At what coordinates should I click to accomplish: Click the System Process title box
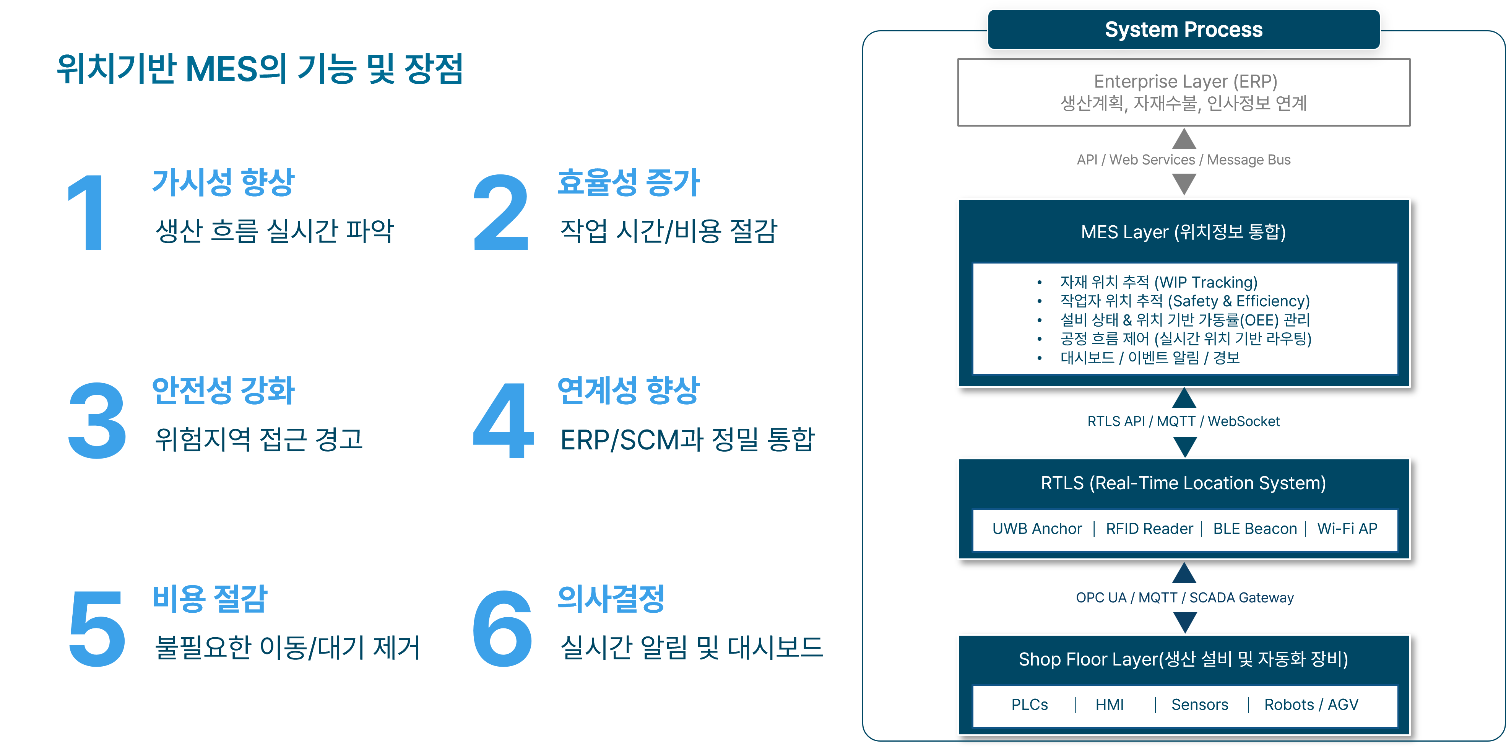pos(1183,29)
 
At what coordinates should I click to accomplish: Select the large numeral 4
pos(503,420)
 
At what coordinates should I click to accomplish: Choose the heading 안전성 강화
pos(223,390)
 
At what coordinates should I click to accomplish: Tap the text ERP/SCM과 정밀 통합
pos(687,440)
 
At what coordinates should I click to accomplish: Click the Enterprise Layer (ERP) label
pos(1185,81)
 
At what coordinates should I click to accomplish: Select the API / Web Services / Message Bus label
pos(1183,159)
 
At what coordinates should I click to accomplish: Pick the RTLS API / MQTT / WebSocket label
pos(1183,421)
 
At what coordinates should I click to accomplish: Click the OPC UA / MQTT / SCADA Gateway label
pos(1184,597)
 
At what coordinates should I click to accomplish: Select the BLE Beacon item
pos(1254,529)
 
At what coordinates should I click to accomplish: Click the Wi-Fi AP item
pos(1347,529)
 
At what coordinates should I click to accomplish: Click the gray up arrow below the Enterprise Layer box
pos(1184,139)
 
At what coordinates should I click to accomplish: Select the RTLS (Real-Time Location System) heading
pos(1183,483)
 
